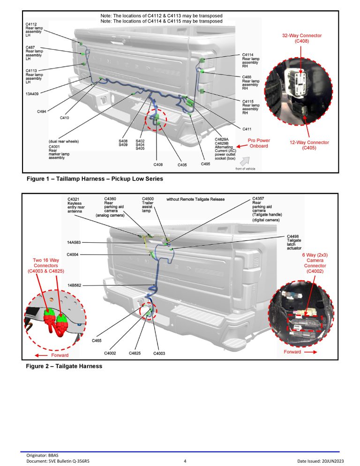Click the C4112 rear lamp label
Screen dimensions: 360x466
click(34, 30)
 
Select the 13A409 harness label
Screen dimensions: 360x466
click(32, 94)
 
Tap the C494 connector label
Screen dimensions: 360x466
click(42, 112)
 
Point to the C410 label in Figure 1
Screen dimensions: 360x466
click(65, 118)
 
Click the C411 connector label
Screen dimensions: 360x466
click(247, 129)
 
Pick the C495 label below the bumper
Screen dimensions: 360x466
click(205, 164)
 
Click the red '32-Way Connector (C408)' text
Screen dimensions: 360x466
click(302, 38)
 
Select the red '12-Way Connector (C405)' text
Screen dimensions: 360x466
click(309, 145)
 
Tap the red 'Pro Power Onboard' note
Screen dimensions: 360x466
click(259, 143)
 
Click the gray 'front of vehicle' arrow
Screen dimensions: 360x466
click(245, 161)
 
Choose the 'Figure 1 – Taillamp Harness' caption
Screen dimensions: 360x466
click(95, 179)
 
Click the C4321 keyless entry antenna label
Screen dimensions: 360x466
click(76, 205)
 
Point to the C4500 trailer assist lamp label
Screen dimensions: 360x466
click(148, 205)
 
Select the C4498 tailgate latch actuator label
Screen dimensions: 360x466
click(294, 242)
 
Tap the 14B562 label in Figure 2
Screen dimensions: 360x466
click(75, 286)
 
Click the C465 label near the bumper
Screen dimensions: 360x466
click(97, 340)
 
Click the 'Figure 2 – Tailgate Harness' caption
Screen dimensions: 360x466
click(64, 367)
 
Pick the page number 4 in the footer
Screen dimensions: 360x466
click(185, 461)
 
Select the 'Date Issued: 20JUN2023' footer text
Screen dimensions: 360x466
click(321, 461)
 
